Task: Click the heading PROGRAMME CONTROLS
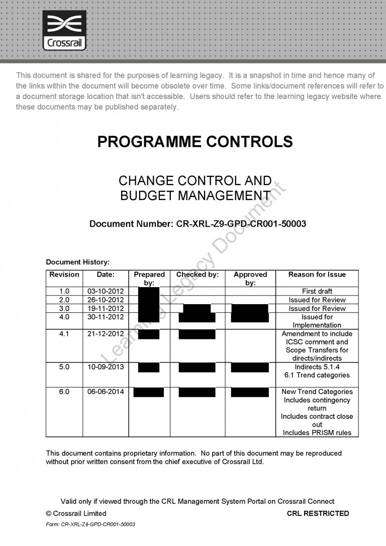[x=195, y=142]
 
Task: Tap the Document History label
[x=77, y=262]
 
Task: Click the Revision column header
[x=64, y=275]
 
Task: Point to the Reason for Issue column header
[x=317, y=275]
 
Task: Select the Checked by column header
[x=197, y=275]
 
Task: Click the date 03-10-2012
[x=106, y=291]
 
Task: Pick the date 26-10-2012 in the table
[x=106, y=300]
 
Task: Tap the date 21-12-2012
[x=106, y=334]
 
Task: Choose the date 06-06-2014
[x=106, y=392]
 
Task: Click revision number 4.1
[x=64, y=334]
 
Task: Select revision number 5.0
[x=64, y=367]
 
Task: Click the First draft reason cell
[x=317, y=291]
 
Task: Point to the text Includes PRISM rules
[x=317, y=432]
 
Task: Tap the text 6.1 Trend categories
[x=317, y=375]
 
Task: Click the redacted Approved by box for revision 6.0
[x=250, y=392]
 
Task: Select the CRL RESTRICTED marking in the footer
[x=318, y=513]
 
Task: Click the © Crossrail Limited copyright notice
[x=76, y=513]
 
